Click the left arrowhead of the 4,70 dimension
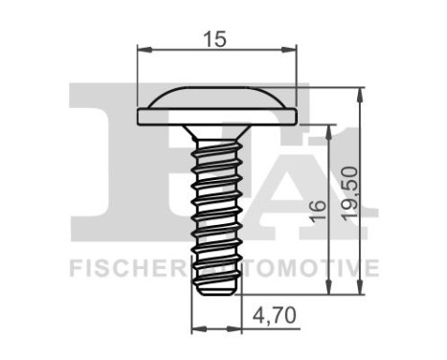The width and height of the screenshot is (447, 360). click(x=197, y=327)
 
